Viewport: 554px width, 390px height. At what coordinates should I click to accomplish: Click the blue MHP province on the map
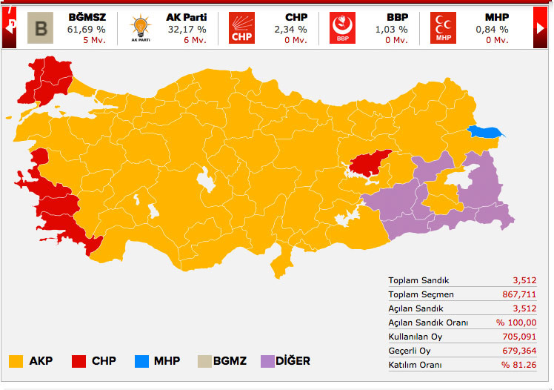click(x=485, y=132)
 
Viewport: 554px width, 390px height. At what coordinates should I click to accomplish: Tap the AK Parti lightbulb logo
click(x=139, y=27)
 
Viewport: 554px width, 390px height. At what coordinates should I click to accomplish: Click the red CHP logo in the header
click(x=241, y=27)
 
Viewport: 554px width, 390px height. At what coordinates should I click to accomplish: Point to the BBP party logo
click(x=342, y=27)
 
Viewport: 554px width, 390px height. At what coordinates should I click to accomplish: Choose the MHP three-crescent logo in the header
click(x=443, y=27)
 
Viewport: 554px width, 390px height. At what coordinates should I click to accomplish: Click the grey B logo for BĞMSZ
click(x=40, y=27)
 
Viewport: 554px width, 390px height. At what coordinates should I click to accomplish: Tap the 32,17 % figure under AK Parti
click(x=186, y=30)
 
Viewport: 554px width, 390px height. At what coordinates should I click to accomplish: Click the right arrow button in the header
click(x=541, y=27)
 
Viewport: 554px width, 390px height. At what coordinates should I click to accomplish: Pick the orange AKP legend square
click(x=16, y=361)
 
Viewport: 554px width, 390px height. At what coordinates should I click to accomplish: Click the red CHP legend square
click(x=79, y=361)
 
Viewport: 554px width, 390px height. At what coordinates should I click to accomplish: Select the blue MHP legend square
click(x=141, y=361)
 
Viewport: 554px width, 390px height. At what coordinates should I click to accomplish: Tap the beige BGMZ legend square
click(x=204, y=361)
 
